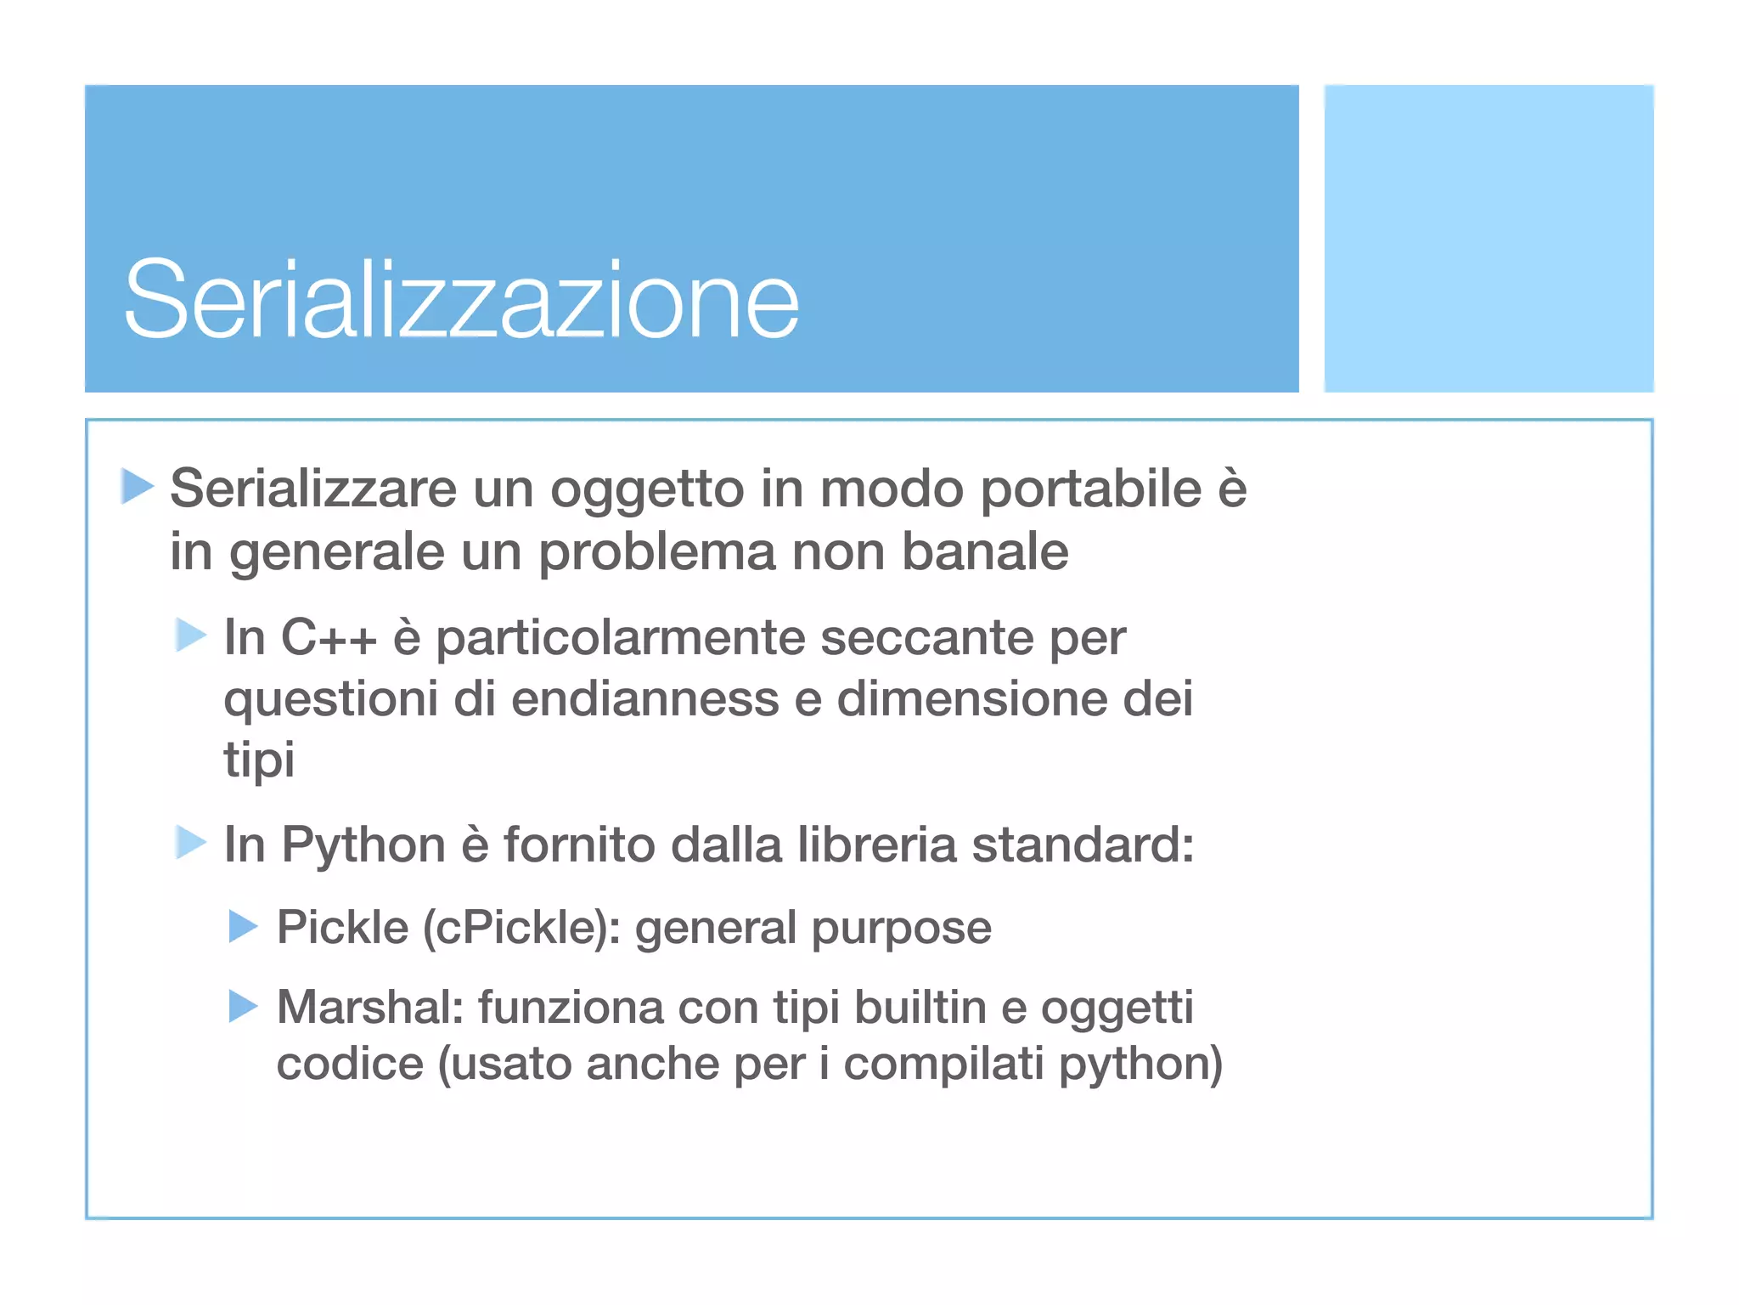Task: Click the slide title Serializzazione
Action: (x=461, y=299)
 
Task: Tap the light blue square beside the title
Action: (x=1488, y=238)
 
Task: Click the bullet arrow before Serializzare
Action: (x=137, y=486)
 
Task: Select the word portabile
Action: (x=1090, y=489)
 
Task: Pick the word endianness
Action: (x=644, y=699)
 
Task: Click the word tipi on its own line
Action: (x=259, y=759)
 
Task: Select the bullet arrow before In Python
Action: (x=191, y=843)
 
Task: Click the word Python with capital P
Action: (x=363, y=846)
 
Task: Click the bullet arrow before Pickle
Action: (x=244, y=926)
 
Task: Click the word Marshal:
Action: (x=369, y=1007)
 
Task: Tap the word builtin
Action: (x=920, y=1007)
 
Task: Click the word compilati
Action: (x=943, y=1064)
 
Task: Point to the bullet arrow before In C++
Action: (x=191, y=635)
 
